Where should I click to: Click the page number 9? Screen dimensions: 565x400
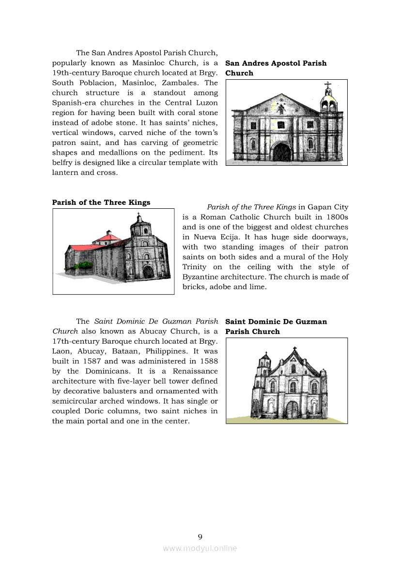click(200, 536)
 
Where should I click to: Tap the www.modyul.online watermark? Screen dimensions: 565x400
click(200, 549)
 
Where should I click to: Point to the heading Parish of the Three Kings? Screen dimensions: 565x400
click(101, 203)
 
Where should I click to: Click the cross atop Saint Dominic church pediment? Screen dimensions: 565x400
click(294, 349)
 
